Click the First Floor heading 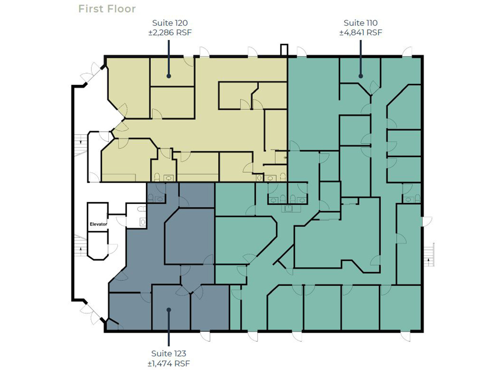107,9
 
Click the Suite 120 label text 170,23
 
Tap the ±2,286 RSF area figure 170,32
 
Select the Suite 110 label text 361,23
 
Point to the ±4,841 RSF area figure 361,32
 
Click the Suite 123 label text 169,353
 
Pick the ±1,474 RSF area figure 169,364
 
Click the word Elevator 98,224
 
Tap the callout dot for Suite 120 169,76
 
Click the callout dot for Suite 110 361,76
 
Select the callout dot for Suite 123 169,310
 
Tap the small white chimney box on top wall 284,50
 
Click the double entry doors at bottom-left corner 92,313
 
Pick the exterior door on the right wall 426,221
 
